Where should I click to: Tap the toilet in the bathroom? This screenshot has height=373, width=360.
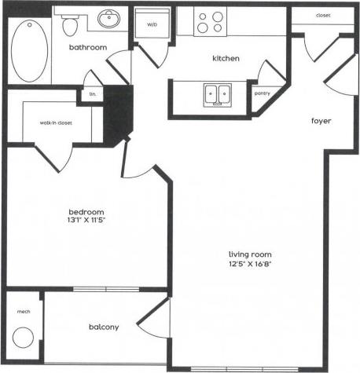point(70,26)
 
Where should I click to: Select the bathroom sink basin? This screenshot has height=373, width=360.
point(108,19)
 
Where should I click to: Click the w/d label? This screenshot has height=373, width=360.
point(152,24)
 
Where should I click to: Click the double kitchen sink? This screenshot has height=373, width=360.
point(218,94)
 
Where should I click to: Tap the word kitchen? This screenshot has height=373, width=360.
point(226,59)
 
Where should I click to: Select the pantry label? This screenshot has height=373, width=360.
point(263,93)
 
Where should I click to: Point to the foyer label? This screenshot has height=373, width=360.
point(321,121)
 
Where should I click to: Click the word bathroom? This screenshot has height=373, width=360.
point(87,47)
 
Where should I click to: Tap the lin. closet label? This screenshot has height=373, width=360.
point(93,94)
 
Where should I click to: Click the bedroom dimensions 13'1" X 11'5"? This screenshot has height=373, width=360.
point(86,221)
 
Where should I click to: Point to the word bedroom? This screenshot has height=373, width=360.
point(86,212)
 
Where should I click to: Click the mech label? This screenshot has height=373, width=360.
point(22,312)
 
